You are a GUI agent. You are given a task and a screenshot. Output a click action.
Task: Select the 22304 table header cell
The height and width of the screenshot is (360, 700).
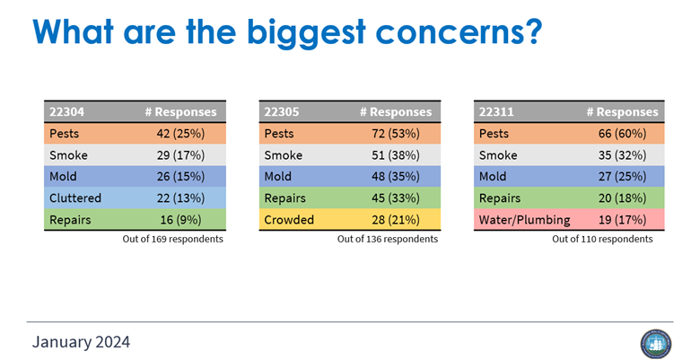click(x=66, y=112)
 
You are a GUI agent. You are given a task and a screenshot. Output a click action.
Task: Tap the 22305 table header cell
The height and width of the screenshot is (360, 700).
click(x=281, y=112)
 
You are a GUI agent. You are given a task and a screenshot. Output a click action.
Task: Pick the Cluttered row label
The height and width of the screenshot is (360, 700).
click(x=76, y=198)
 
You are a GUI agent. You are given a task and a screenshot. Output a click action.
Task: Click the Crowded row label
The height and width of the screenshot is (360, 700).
click(x=290, y=219)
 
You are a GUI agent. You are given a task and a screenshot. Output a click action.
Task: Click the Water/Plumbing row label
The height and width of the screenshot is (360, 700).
click(x=523, y=219)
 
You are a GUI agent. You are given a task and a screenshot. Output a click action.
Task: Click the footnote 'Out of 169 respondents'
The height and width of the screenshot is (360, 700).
click(x=172, y=239)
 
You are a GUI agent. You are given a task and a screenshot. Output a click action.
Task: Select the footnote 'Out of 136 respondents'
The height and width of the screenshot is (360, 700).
click(x=388, y=239)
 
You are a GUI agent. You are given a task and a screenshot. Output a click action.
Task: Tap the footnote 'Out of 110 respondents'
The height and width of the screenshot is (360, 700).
click(x=603, y=239)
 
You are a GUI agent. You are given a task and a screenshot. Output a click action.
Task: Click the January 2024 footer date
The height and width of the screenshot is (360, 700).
click(x=81, y=341)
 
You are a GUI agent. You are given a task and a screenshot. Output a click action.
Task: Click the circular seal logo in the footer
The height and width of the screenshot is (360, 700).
click(x=655, y=344)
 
